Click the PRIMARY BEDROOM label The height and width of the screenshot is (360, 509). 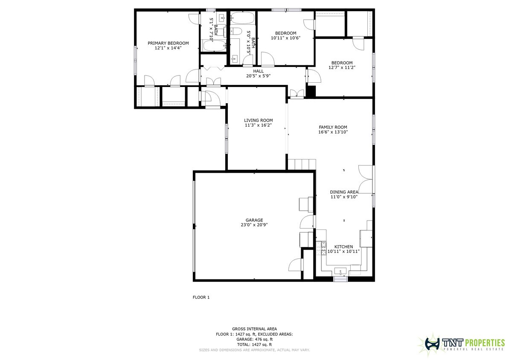click(x=168, y=43)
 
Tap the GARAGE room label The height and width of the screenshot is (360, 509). click(x=254, y=220)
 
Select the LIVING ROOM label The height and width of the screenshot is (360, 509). click(x=258, y=120)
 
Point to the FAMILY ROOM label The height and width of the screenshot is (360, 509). click(x=333, y=127)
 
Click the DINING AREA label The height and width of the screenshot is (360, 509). click(x=344, y=192)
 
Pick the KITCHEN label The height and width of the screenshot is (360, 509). click(x=343, y=247)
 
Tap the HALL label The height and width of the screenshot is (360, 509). click(x=258, y=71)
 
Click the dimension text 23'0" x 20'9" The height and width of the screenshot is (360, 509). click(x=254, y=225)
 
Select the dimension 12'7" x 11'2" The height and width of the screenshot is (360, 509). click(x=342, y=67)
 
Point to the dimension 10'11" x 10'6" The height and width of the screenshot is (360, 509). click(x=285, y=38)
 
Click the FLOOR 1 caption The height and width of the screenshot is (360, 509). click(x=201, y=297)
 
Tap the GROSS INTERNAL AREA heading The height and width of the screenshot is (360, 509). click(x=254, y=329)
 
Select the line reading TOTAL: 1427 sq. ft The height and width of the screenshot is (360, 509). click(x=254, y=344)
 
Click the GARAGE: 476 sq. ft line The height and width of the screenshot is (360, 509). click(x=254, y=339)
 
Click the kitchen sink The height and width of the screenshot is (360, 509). click(x=340, y=271)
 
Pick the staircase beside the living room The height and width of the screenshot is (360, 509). click(x=302, y=164)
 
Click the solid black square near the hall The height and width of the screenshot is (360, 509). click(x=311, y=91)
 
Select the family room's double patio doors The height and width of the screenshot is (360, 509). click(x=366, y=179)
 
